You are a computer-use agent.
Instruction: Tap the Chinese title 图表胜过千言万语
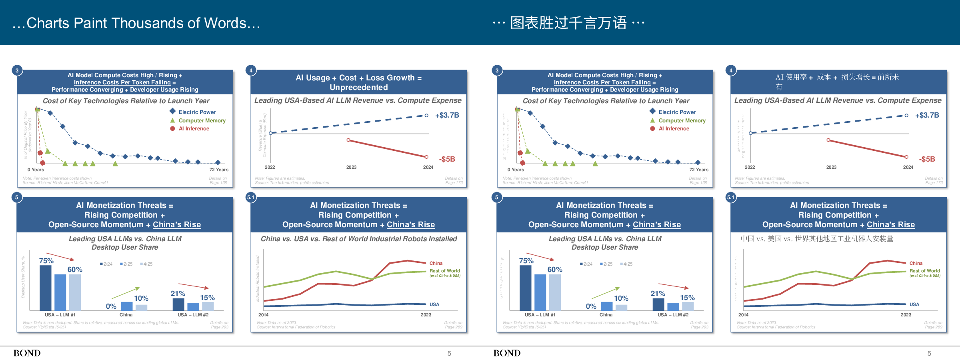(x=568, y=23)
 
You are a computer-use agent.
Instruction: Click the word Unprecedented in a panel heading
(x=358, y=87)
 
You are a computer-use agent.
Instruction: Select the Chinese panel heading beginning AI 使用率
(x=837, y=78)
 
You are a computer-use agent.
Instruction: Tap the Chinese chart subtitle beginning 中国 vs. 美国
(x=816, y=239)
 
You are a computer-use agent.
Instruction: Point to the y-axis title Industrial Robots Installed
(x=258, y=278)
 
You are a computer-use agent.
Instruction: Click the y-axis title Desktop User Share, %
(x=23, y=277)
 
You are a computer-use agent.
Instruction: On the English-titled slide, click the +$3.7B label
(x=447, y=115)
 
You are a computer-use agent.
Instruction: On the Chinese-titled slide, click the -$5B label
(x=927, y=159)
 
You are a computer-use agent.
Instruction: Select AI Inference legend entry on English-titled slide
(x=194, y=129)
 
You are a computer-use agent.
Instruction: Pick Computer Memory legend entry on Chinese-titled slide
(x=682, y=120)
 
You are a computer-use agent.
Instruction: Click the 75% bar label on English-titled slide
(x=46, y=261)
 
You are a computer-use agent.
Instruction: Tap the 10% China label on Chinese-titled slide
(x=621, y=298)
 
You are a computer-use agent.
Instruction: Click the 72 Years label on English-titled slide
(x=219, y=170)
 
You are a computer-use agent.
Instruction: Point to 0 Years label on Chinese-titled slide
(x=516, y=170)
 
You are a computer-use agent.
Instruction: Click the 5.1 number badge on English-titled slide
(x=251, y=197)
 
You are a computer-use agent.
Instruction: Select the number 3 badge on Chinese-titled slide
(x=497, y=70)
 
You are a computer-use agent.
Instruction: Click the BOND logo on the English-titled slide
(x=27, y=353)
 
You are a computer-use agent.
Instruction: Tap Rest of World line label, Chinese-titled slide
(x=924, y=271)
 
